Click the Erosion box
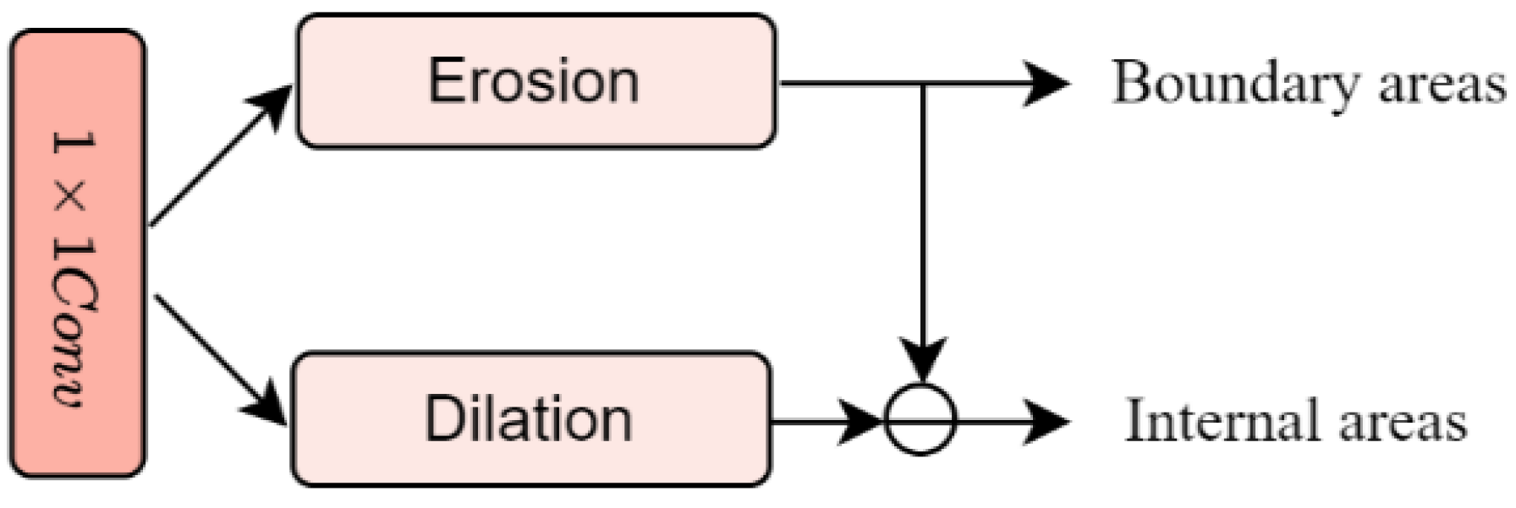coord(536,81)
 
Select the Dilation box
coord(530,419)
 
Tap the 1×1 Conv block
coord(78,254)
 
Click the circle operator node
coord(920,419)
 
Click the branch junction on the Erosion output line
coord(922,84)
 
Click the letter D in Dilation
coord(443,419)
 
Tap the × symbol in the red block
coord(74,199)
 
